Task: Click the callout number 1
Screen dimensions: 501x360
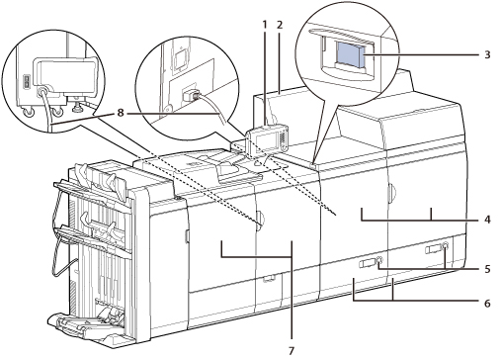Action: click(x=264, y=24)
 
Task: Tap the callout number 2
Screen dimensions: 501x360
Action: click(x=280, y=24)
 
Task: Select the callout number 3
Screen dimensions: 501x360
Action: click(x=487, y=54)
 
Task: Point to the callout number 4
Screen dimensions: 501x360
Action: click(x=487, y=220)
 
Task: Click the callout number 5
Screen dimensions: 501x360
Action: click(x=487, y=269)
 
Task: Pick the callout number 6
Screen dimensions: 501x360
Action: click(x=487, y=303)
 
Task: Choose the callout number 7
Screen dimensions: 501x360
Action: click(x=292, y=351)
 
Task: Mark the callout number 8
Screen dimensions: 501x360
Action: click(x=121, y=113)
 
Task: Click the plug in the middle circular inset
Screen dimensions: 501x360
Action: click(x=190, y=96)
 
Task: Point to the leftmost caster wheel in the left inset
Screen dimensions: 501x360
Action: click(x=28, y=113)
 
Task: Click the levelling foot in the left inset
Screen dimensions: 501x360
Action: click(x=79, y=105)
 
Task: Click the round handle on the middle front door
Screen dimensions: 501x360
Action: click(x=259, y=221)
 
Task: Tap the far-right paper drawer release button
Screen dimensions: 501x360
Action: click(x=445, y=245)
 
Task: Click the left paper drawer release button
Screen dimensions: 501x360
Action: click(x=378, y=259)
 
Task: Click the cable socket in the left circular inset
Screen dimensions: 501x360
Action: click(x=42, y=92)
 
